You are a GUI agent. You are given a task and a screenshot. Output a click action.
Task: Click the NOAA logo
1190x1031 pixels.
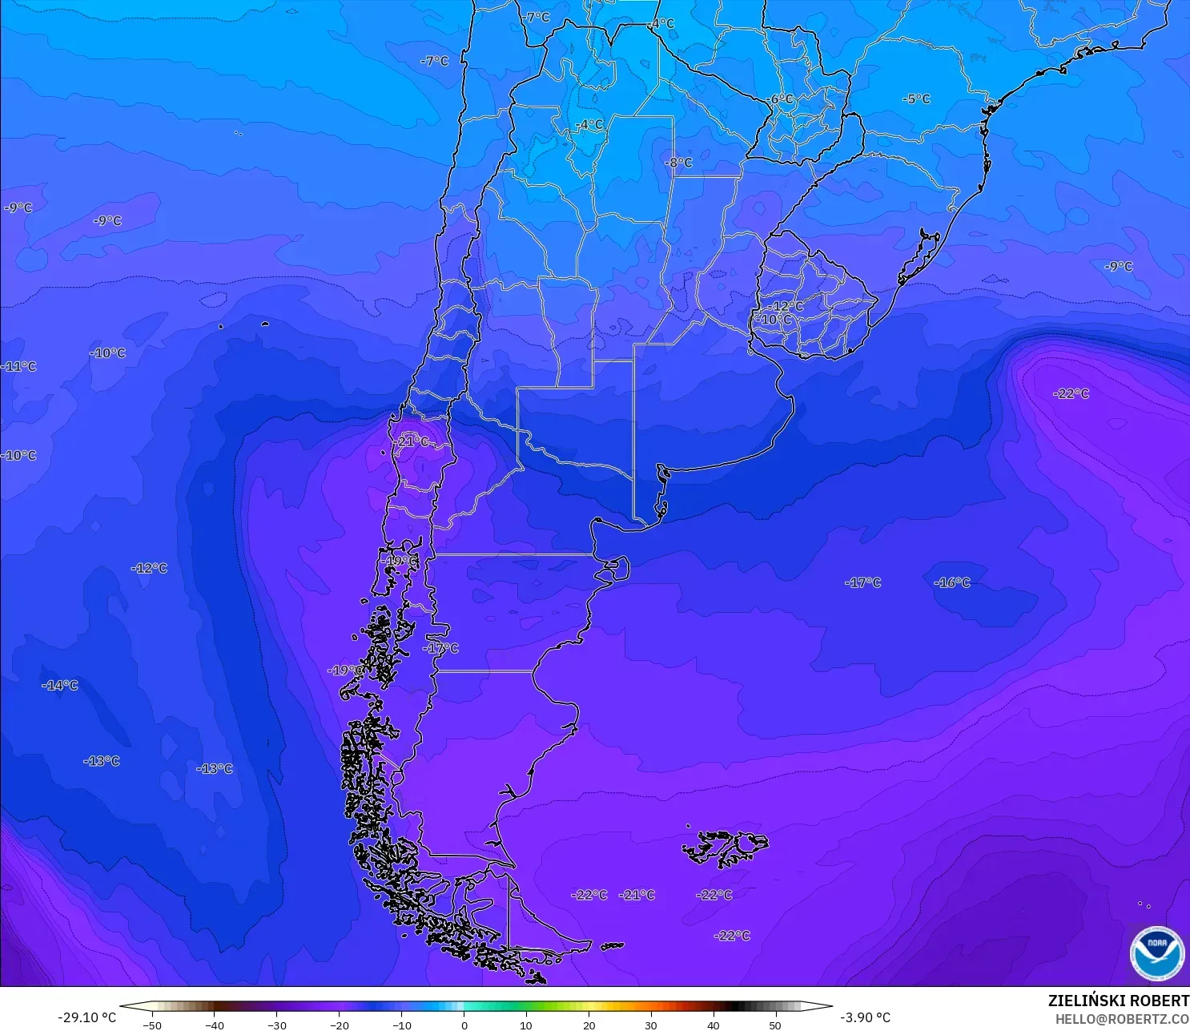1156,952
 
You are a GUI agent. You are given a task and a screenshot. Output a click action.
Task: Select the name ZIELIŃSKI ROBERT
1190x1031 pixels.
1118,1001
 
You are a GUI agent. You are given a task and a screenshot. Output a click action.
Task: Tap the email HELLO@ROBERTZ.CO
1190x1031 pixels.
1121,1019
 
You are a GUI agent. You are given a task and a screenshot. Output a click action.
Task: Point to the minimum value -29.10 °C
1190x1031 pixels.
86,1017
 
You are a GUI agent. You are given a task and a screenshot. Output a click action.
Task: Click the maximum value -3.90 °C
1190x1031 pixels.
865,1017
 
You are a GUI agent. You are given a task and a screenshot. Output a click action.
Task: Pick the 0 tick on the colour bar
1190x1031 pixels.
464,1025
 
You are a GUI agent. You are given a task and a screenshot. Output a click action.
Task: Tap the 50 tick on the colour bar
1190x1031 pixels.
774,1025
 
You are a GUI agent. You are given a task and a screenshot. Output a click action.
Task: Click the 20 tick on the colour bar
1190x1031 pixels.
589,1025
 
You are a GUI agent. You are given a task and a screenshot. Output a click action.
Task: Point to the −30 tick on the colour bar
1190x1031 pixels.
276,1025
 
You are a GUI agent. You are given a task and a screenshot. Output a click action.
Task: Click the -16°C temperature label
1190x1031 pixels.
951,582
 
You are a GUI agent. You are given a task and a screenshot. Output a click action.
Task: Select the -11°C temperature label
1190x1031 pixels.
19,366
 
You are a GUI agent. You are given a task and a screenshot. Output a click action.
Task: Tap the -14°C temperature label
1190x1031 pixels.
60,685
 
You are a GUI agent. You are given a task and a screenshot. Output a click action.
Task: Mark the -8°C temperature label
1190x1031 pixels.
678,163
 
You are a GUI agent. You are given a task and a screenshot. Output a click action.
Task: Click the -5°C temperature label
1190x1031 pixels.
916,99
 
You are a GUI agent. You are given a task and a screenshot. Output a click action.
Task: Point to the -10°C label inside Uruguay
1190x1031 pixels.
774,320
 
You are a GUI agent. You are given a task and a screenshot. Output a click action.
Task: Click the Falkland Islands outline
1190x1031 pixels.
725,848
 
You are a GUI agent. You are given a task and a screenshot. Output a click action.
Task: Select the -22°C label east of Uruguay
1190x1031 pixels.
1071,393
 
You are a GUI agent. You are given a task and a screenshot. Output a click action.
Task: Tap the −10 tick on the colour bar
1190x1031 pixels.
401,1025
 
